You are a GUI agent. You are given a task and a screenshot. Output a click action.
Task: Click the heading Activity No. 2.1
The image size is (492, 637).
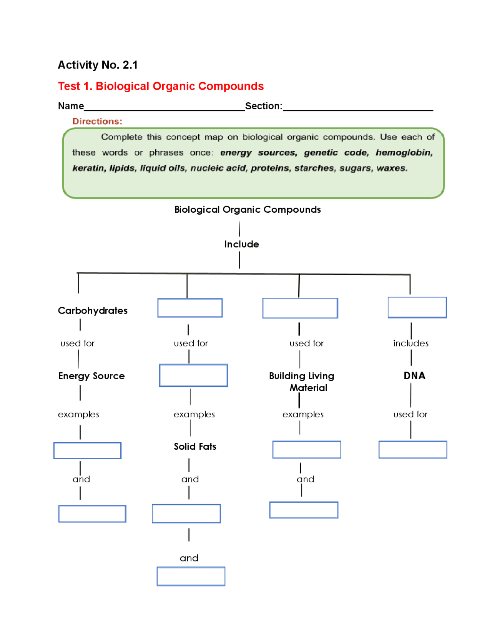pyautogui.click(x=98, y=65)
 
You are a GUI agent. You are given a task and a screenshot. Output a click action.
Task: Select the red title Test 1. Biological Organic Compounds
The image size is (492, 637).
pyautogui.click(x=161, y=86)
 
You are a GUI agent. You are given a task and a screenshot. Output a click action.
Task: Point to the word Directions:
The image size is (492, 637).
pyautogui.click(x=97, y=122)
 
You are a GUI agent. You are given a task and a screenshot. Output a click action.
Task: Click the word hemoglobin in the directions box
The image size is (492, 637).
pyautogui.click(x=404, y=153)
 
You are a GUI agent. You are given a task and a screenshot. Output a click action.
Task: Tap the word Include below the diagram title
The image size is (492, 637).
pyautogui.click(x=241, y=244)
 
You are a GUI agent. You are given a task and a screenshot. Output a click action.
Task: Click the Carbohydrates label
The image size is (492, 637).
pyautogui.click(x=93, y=310)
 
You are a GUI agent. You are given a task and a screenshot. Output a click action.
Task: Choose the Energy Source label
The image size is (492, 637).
pyautogui.click(x=91, y=376)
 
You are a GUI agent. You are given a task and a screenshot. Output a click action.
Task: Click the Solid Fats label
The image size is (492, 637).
pyautogui.click(x=195, y=447)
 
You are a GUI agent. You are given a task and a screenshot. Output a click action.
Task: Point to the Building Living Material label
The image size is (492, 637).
pyautogui.click(x=302, y=382)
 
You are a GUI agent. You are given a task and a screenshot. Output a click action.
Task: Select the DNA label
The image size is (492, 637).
pyautogui.click(x=414, y=376)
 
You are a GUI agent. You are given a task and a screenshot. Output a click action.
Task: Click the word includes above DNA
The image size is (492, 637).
pyautogui.click(x=411, y=343)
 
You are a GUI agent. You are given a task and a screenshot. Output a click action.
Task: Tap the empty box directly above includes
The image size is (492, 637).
pyautogui.click(x=417, y=307)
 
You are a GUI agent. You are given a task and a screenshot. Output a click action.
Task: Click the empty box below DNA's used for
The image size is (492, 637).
pyautogui.click(x=412, y=450)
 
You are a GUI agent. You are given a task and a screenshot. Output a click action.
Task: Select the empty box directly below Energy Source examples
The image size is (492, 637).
pyautogui.click(x=87, y=450)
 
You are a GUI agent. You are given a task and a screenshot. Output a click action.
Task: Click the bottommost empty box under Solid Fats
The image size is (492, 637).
pyautogui.click(x=191, y=576)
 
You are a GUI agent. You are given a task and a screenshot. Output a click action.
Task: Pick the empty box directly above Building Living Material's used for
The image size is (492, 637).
pyautogui.click(x=300, y=308)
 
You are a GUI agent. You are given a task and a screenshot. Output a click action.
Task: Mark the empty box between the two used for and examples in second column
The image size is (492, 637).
pyautogui.click(x=193, y=375)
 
